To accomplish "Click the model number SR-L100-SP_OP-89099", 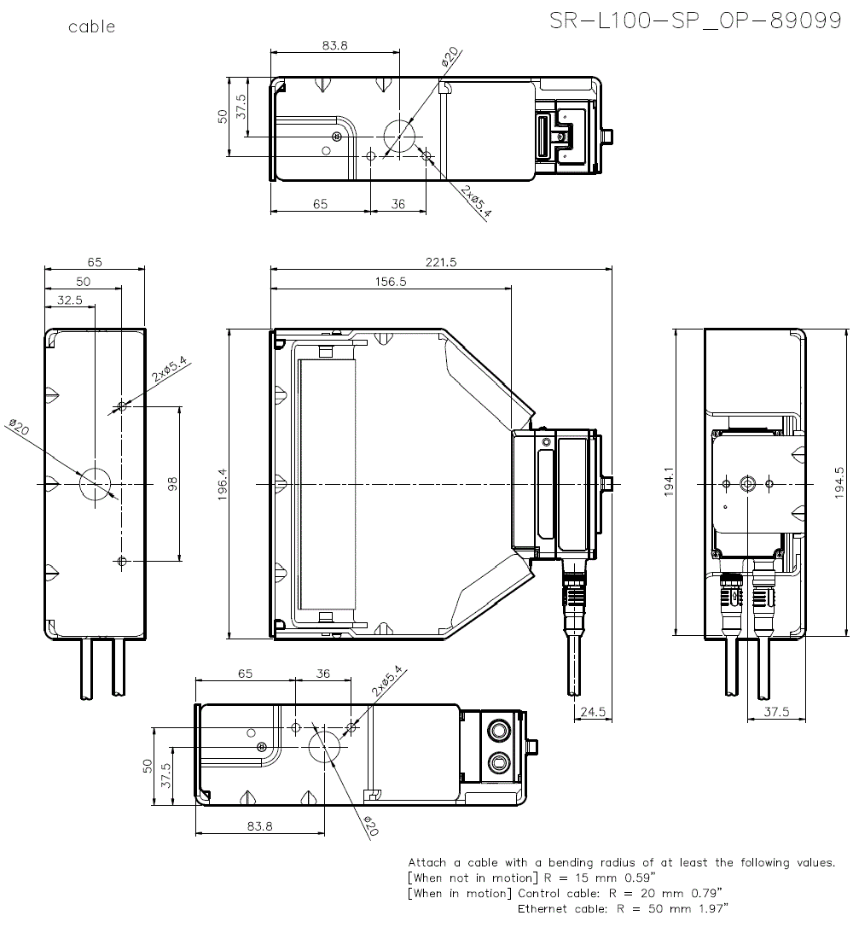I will click(695, 21).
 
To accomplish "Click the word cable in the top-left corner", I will click(91, 27).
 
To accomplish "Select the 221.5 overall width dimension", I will click(441, 263).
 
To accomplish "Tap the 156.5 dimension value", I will click(391, 282).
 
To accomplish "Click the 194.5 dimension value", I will click(840, 483).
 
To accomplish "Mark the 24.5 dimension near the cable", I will click(591, 711).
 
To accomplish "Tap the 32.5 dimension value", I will click(69, 300).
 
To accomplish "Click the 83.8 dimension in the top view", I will click(334, 46).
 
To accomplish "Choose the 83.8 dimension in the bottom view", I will click(259, 825).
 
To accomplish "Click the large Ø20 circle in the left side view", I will click(96, 483).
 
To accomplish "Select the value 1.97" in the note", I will click(708, 909).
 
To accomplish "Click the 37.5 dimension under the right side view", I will click(776, 711).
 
